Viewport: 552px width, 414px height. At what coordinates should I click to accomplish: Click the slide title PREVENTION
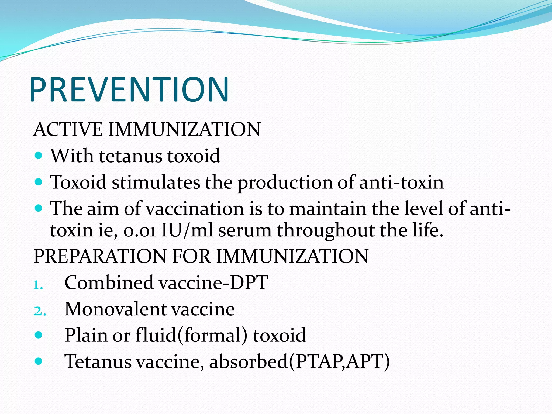tap(129, 89)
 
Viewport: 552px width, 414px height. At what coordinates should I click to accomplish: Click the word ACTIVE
tap(67, 129)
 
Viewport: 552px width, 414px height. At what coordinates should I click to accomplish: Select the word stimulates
tap(156, 182)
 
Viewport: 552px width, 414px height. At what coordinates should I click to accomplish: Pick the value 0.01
tap(140, 231)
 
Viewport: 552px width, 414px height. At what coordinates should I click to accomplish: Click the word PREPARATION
tap(100, 256)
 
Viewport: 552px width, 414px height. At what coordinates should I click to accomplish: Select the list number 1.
tap(38, 285)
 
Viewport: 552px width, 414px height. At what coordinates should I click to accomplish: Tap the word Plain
tap(86, 335)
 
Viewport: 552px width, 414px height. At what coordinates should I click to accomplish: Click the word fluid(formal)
tap(191, 335)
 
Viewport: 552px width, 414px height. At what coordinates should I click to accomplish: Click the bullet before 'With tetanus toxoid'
tap(39, 156)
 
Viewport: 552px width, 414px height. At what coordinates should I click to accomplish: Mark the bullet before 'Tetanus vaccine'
tap(39, 361)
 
